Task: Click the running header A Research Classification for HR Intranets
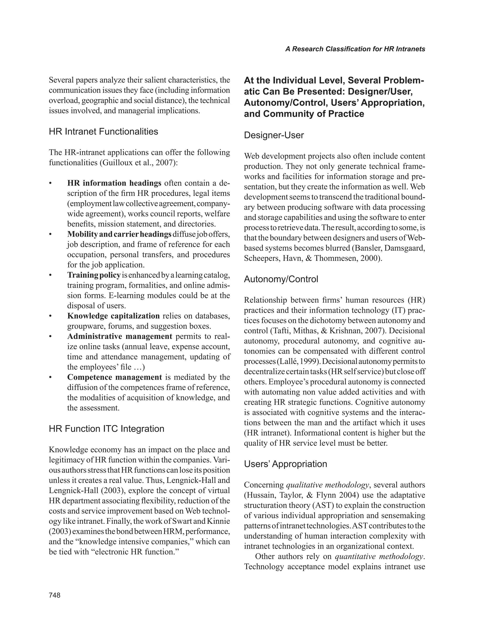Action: point(355,49)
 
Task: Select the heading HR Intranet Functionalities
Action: point(103,132)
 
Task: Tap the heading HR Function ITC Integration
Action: point(107,429)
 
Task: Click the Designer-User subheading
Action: point(274,135)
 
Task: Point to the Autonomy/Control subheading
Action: point(281,279)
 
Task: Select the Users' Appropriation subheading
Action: point(285,464)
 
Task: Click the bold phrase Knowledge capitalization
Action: point(113,316)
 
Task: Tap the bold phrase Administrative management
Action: point(120,336)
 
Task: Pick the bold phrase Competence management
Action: point(115,377)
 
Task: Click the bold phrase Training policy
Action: point(94,275)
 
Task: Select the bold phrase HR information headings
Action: point(114,183)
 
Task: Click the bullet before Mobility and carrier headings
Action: point(51,235)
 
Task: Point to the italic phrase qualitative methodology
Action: point(327,485)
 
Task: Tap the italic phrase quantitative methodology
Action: point(379,556)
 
